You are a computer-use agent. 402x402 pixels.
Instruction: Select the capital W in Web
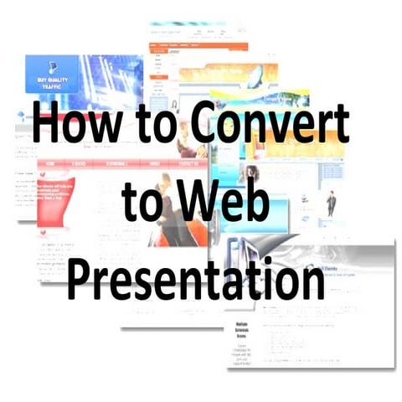(x=204, y=204)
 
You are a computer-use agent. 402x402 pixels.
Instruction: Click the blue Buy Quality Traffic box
(x=52, y=74)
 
